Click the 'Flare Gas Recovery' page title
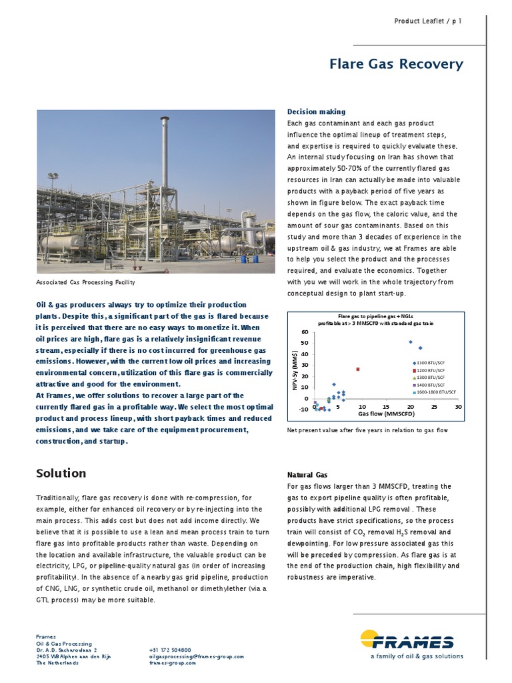point(396,64)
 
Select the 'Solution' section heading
point(61,473)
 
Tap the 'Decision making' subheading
point(316,111)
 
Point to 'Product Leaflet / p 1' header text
point(428,21)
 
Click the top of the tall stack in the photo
point(164,120)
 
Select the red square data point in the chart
point(358,369)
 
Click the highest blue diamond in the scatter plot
point(411,342)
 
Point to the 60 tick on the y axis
point(304,332)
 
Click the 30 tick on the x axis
point(458,406)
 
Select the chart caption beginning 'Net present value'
point(367,430)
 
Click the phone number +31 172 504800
point(170,649)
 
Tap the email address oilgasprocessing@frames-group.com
point(197,656)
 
